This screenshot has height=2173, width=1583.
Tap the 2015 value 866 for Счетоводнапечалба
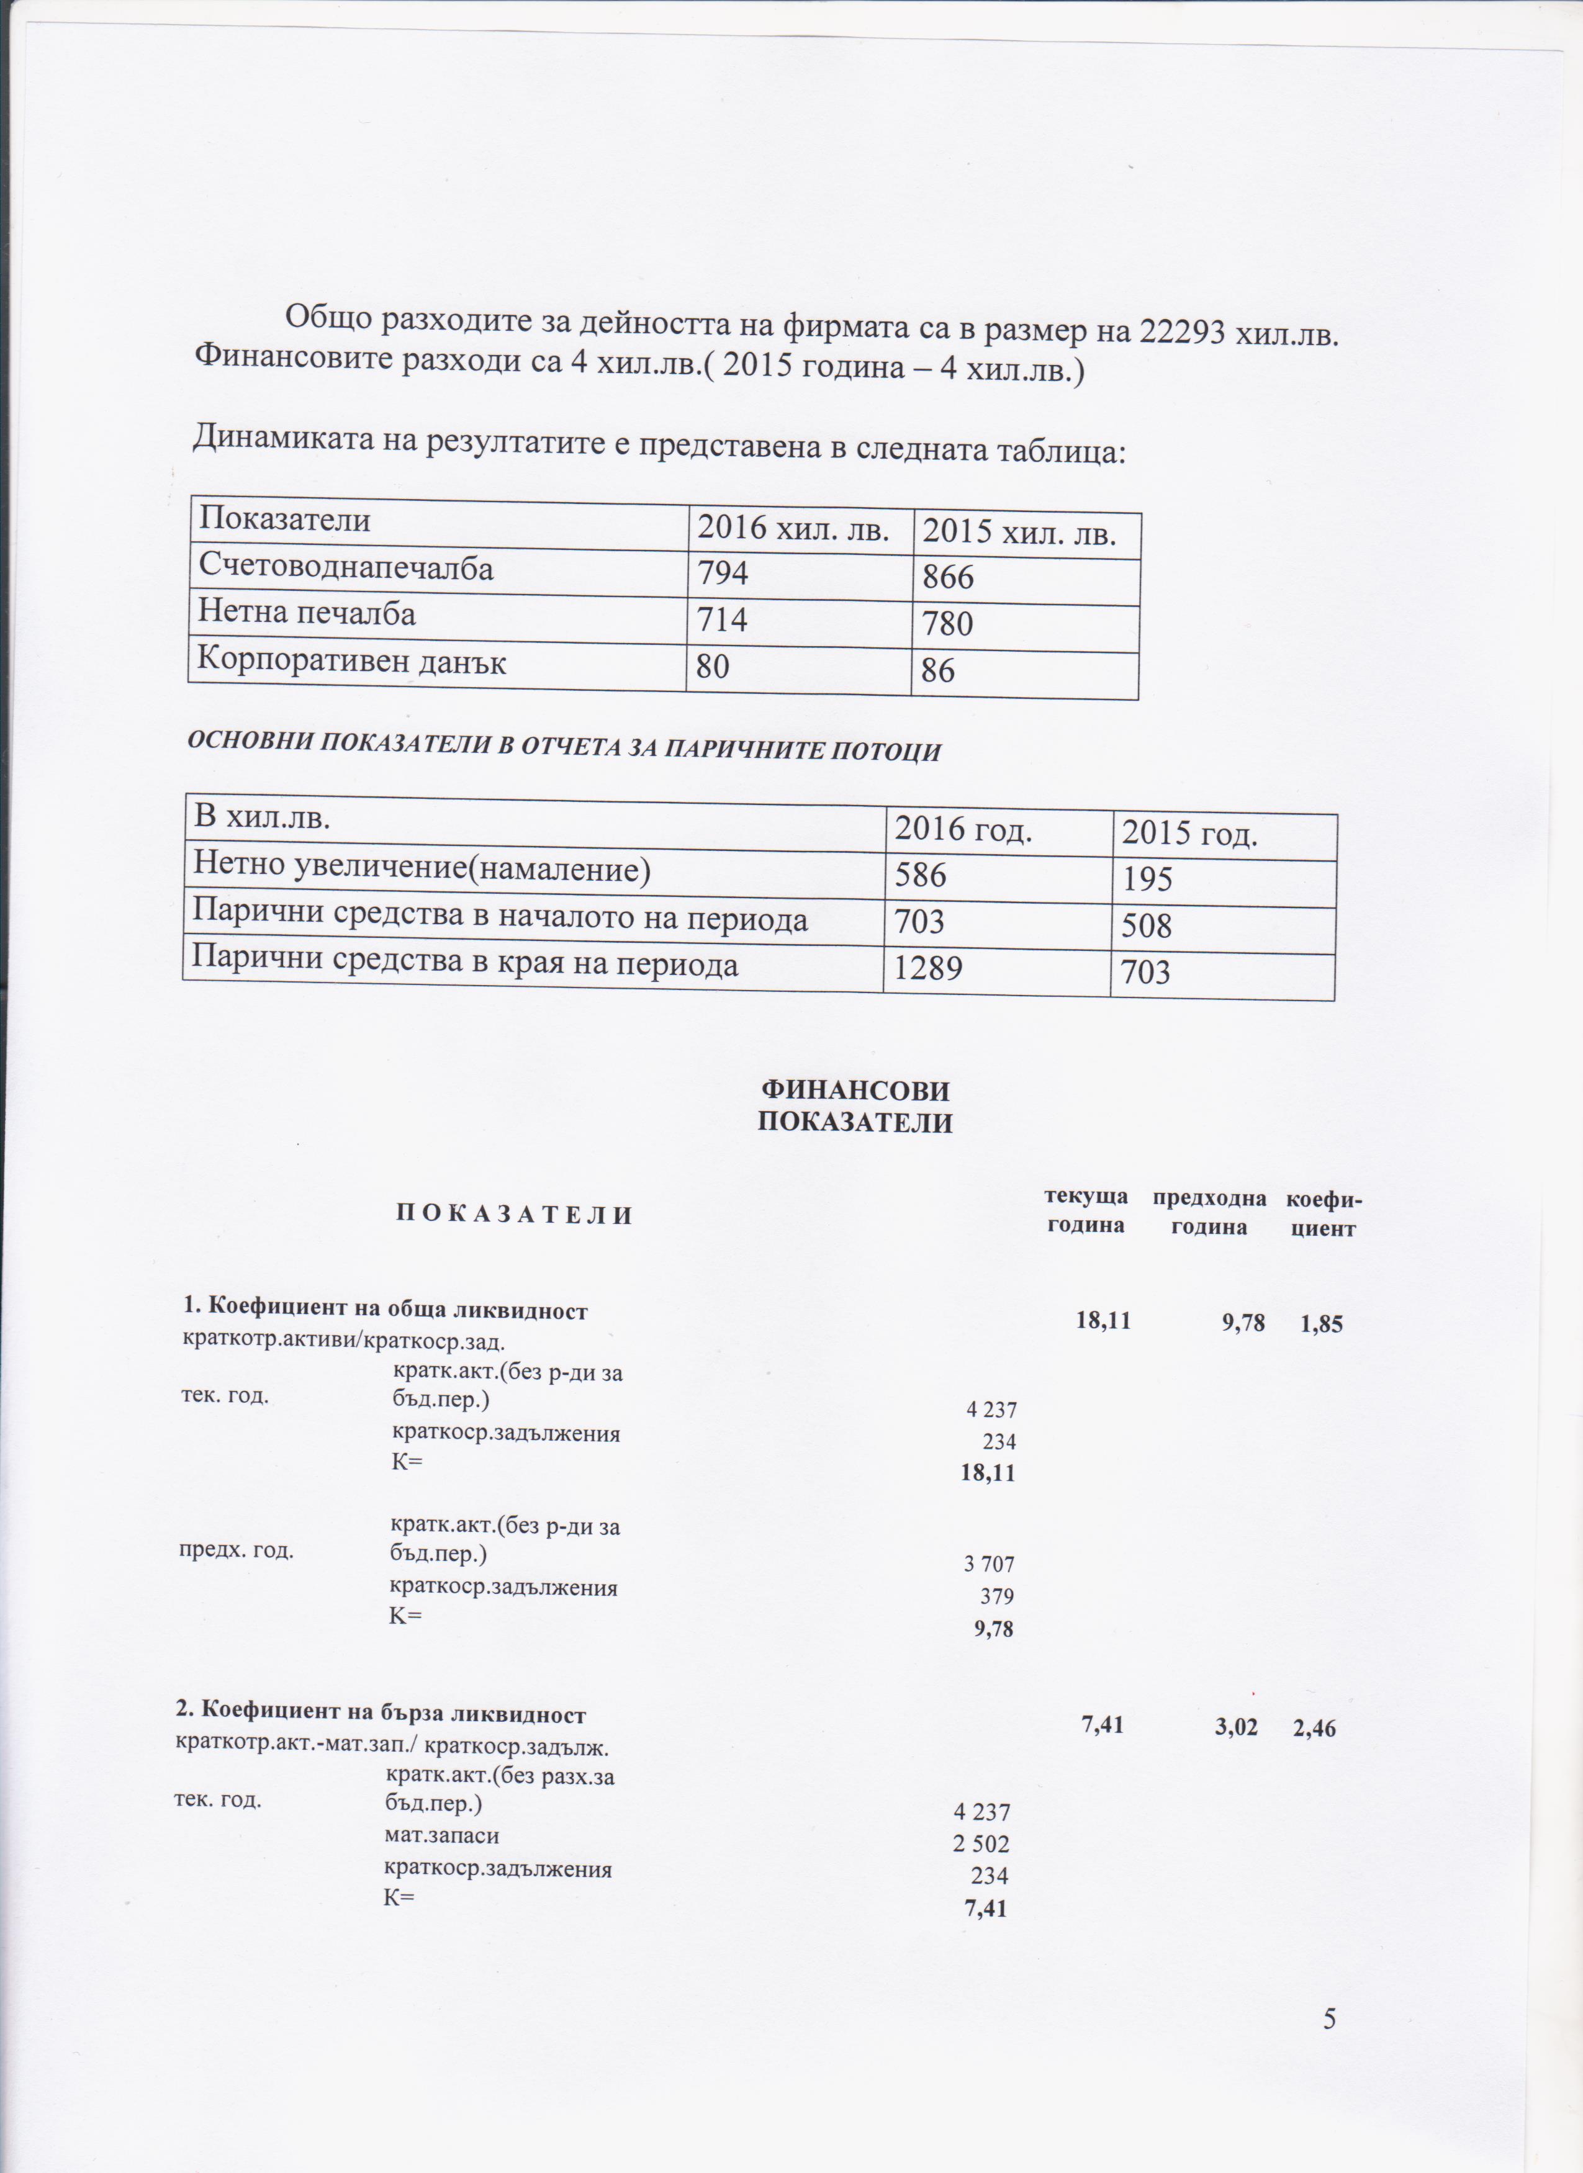click(x=948, y=577)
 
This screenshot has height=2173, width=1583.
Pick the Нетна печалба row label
click(x=307, y=613)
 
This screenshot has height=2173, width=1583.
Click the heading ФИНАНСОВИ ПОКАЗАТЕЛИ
click(x=855, y=1105)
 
